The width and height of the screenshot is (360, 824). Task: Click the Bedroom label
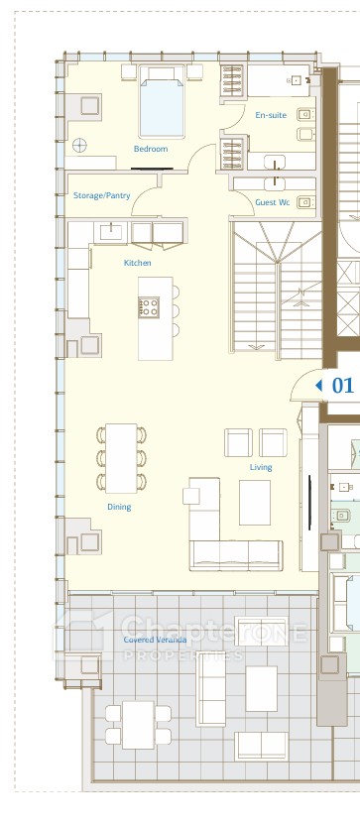click(151, 149)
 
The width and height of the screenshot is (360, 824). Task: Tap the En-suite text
click(271, 115)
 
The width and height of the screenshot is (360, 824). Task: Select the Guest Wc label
click(273, 202)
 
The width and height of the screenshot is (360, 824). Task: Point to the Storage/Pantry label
click(101, 195)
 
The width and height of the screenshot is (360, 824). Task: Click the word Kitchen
click(138, 263)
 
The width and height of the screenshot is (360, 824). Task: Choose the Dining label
click(119, 507)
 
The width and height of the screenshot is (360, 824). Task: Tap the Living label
click(261, 467)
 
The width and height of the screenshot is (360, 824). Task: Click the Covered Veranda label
click(155, 640)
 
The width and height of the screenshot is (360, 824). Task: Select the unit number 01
click(343, 385)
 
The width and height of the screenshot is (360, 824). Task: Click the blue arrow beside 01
click(318, 385)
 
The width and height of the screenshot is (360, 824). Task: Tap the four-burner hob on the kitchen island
click(149, 307)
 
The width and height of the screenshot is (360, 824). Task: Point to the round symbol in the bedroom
click(80, 145)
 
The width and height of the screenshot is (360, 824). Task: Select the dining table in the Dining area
click(121, 458)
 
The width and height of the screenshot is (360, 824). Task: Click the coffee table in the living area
click(255, 503)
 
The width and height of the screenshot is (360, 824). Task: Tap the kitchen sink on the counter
click(111, 231)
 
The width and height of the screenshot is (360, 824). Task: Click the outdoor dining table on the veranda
click(138, 725)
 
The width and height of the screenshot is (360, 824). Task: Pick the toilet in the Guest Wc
click(304, 202)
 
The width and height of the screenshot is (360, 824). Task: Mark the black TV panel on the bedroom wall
click(152, 169)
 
